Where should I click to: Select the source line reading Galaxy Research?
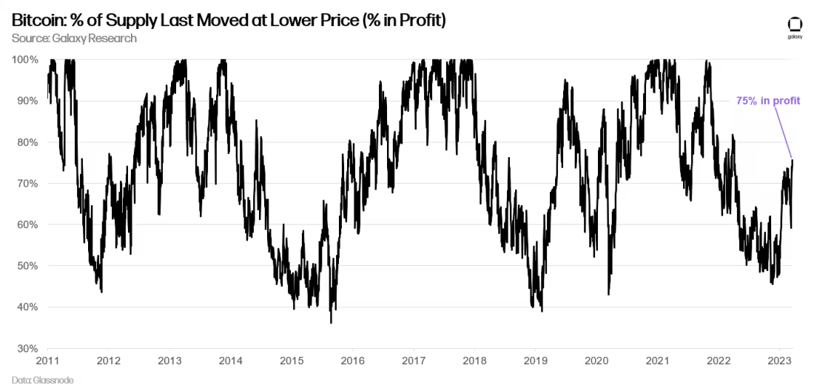74,38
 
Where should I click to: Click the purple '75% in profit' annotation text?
768,101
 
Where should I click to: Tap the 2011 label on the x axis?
48,361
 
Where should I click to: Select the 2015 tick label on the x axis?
292,361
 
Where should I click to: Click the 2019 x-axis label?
536,361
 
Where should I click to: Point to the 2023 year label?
779,361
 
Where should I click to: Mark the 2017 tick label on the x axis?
414,361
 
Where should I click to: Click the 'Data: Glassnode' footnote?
43,380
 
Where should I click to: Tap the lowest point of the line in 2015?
331,322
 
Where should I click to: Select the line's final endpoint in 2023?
793,160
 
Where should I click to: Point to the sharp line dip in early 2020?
608,294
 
